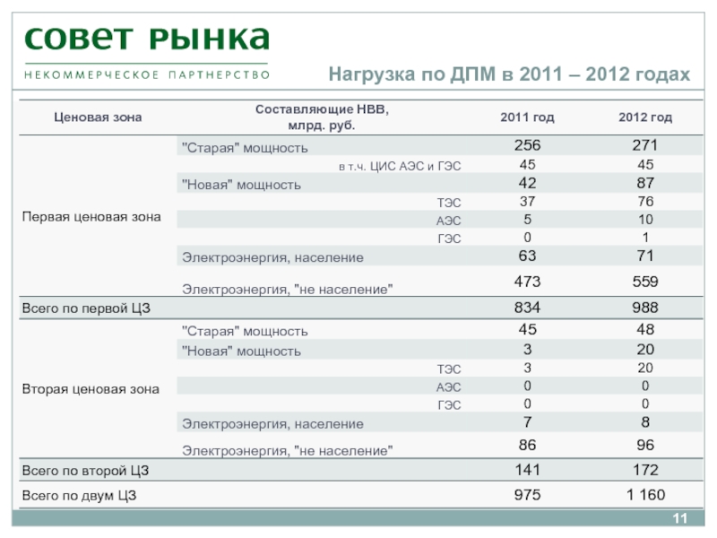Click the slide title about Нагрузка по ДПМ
point(509,74)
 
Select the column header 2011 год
point(527,117)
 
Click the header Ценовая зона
point(85,117)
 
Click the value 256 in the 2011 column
point(527,146)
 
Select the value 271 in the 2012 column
point(645,146)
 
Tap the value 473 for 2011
point(527,282)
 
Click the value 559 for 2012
point(645,282)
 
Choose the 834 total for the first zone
point(527,308)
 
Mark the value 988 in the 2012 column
point(645,308)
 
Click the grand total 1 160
point(645,494)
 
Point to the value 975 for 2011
point(527,494)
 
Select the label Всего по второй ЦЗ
point(83,471)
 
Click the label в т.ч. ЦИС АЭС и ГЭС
point(400,167)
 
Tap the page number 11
point(678,522)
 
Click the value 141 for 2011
point(527,470)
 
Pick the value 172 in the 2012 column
point(645,470)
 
